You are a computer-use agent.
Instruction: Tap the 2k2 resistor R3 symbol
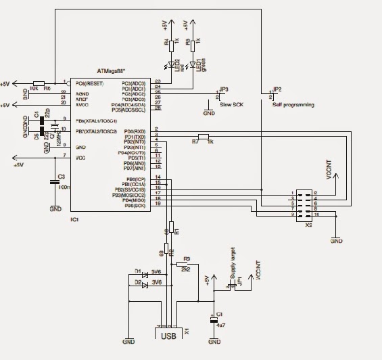(x=187, y=264)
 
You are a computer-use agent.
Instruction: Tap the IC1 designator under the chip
(x=75, y=220)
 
